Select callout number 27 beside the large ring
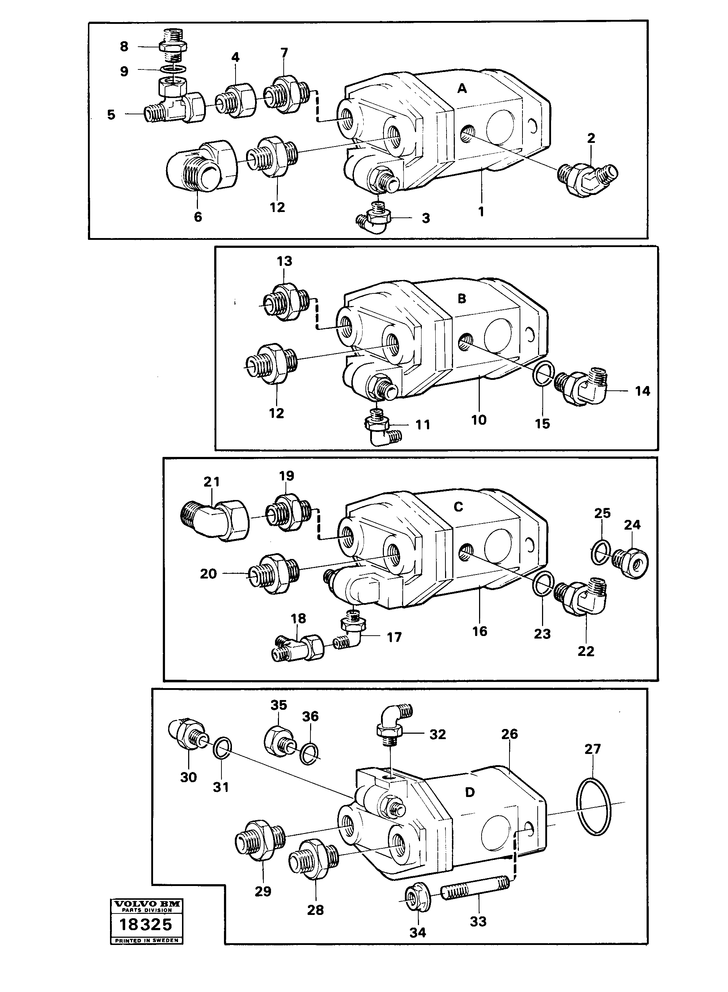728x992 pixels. coord(593,749)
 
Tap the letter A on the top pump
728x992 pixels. coord(462,89)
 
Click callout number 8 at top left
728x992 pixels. coord(124,46)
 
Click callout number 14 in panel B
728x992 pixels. coord(642,390)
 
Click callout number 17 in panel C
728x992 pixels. coord(394,637)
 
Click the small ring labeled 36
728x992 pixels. coord(309,755)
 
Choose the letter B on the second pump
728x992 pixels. coord(462,299)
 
